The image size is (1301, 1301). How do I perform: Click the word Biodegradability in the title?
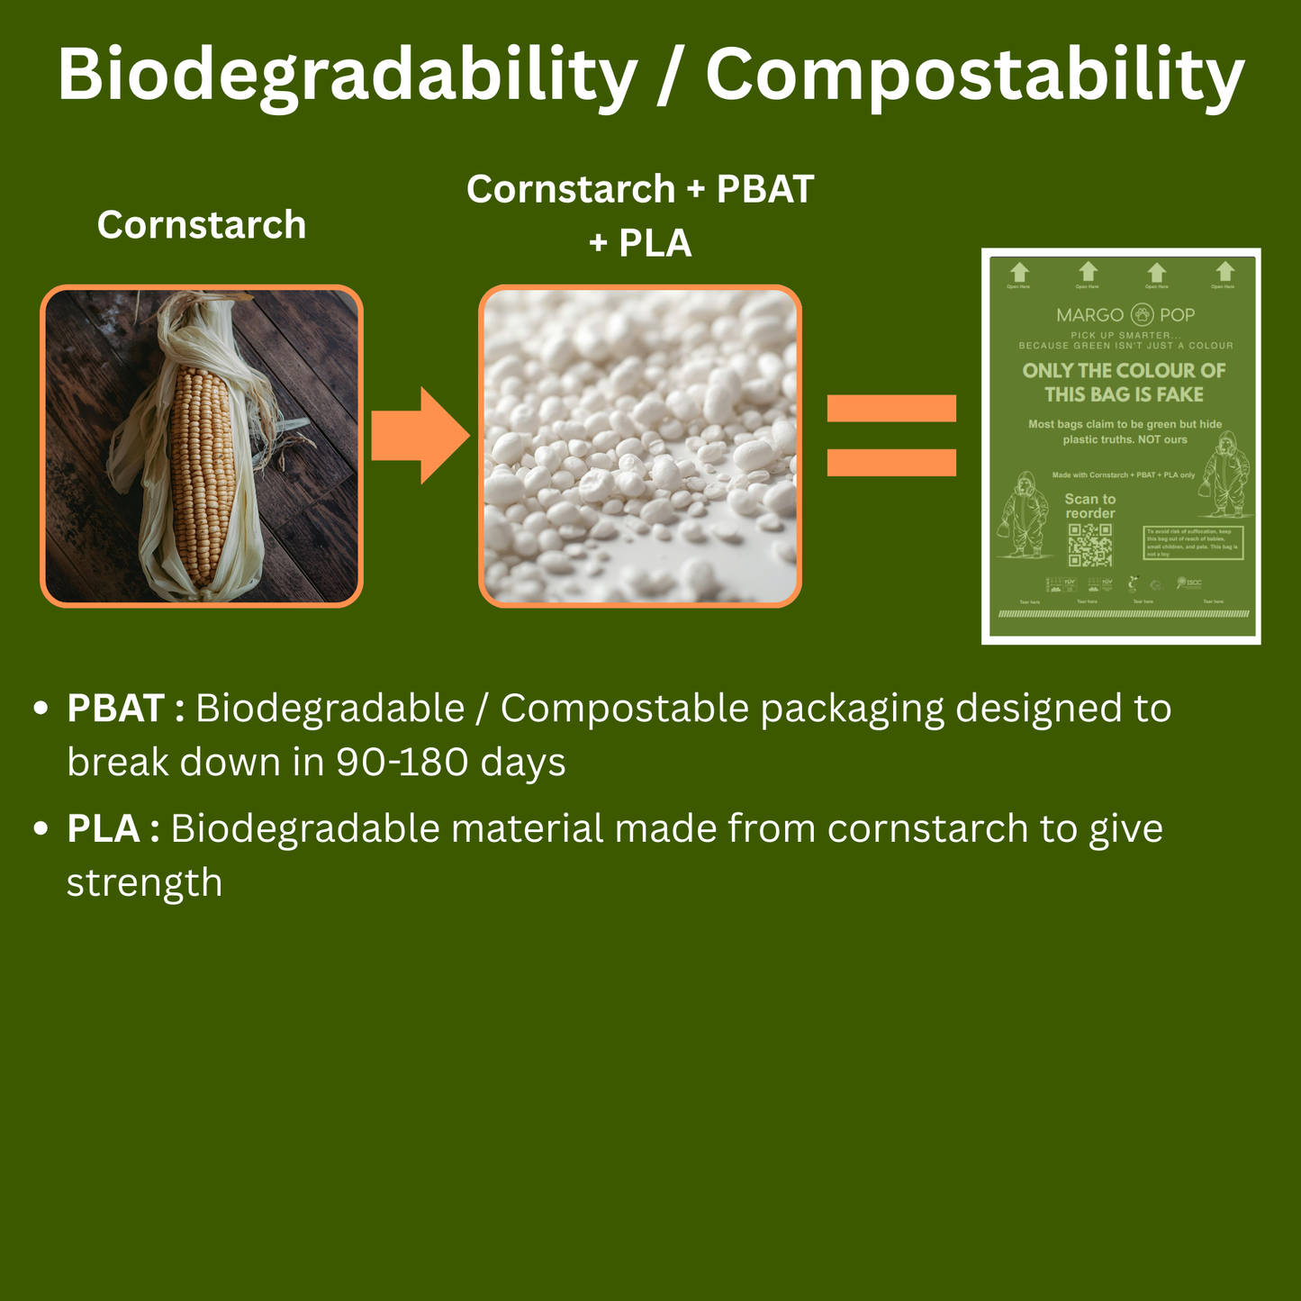(x=347, y=76)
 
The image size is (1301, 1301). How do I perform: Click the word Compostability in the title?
(x=974, y=76)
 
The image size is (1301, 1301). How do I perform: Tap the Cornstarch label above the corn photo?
(x=202, y=225)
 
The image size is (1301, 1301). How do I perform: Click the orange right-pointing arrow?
(x=420, y=437)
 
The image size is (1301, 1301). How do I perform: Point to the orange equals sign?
(x=890, y=436)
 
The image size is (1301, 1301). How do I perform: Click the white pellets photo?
(x=639, y=447)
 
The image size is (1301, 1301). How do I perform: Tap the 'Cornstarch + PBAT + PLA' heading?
(x=640, y=216)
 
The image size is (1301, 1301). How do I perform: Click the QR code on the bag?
(x=1089, y=545)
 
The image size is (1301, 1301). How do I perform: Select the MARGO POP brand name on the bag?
(x=1125, y=315)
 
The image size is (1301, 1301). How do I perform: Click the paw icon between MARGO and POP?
(x=1142, y=315)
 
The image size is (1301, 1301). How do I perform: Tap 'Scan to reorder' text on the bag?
(x=1089, y=506)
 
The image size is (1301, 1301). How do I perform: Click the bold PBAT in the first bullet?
(x=115, y=709)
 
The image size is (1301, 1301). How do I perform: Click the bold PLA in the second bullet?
(x=103, y=829)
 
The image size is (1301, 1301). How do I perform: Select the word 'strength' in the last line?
(x=144, y=883)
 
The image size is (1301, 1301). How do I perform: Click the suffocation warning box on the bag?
(x=1192, y=543)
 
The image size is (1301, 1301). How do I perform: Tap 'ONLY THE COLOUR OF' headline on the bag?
(x=1124, y=371)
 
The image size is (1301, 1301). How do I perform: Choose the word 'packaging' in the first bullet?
(x=852, y=709)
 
